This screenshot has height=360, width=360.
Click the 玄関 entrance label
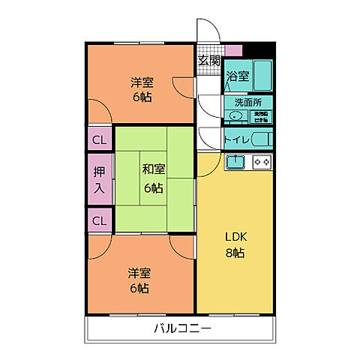pyautogui.click(x=209, y=61)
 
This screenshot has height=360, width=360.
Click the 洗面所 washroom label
pyautogui.click(x=244, y=102)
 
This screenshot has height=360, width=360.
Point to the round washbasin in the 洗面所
pyautogui.click(x=236, y=115)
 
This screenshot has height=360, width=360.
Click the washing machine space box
pyautogui.click(x=262, y=115)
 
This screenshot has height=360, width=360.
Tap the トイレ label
pyautogui.click(x=236, y=139)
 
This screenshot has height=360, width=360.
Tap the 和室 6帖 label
pyautogui.click(x=154, y=177)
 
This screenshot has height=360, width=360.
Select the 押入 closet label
pyautogui.click(x=99, y=180)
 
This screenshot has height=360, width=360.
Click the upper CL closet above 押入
pyautogui.click(x=99, y=139)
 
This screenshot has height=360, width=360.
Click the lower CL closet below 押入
pyautogui.click(x=99, y=220)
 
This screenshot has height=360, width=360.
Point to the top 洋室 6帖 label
pyautogui.click(x=140, y=89)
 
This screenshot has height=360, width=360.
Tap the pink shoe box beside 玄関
pyautogui.click(x=234, y=51)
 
